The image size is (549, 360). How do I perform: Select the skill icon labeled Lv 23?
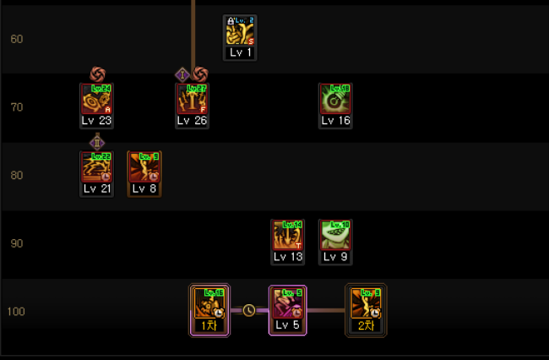click(96, 99)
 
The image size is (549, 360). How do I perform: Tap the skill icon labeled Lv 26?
click(192, 99)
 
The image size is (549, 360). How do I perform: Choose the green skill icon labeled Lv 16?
click(335, 99)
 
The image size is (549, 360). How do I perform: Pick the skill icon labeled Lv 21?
click(96, 167)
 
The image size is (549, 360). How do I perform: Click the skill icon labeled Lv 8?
click(144, 167)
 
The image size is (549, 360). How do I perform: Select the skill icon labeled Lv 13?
click(287, 235)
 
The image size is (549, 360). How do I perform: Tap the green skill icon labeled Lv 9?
click(335, 235)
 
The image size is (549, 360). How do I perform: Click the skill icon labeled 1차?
click(209, 303)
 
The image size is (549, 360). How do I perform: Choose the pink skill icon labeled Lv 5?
click(287, 303)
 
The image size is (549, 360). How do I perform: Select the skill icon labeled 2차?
click(366, 303)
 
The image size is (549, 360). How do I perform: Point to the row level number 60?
click(17, 40)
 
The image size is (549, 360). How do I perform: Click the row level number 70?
click(17, 107)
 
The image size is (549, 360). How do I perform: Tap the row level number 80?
click(17, 176)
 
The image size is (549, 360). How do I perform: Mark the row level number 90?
click(17, 243)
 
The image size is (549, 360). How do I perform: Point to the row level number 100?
click(17, 312)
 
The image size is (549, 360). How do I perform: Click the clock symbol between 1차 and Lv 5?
click(248, 310)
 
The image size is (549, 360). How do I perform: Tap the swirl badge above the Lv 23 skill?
click(97, 74)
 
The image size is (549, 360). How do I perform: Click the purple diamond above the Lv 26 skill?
click(183, 74)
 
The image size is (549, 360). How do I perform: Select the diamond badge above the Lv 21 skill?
click(96, 142)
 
